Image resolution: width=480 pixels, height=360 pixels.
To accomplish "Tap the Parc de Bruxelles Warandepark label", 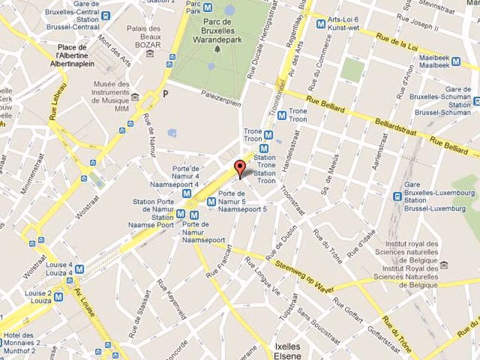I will coord(217,31).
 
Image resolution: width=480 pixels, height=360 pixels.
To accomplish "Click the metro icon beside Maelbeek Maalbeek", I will coord(456,61).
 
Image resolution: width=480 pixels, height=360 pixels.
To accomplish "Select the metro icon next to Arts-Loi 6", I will coord(321,23).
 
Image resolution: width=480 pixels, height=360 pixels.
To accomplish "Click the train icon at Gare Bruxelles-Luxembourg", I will coord(397,196).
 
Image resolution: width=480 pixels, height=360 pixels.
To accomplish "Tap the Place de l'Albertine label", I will coord(72,55).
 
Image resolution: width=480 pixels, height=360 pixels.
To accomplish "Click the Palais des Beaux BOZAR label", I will coord(144,37).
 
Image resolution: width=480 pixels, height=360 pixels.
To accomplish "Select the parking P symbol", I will coord(165,94).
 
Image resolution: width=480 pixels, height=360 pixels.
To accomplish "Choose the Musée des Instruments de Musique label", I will coord(111,96).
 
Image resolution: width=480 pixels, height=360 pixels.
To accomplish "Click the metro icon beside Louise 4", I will coord(79,269).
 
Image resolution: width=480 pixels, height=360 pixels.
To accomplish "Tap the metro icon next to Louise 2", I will coord(58,297).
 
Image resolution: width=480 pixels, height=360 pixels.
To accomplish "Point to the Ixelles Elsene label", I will coord(288,351).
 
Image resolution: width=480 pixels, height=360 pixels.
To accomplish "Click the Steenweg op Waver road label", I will coord(305,277).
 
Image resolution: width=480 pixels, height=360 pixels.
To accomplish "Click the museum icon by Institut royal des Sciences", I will coord(443,265).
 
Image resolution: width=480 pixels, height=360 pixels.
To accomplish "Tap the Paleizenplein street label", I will coord(221,98).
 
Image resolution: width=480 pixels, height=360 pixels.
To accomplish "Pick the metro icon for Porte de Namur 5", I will coord(211,202).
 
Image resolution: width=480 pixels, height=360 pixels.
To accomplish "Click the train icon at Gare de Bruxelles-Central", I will coord(105,16).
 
